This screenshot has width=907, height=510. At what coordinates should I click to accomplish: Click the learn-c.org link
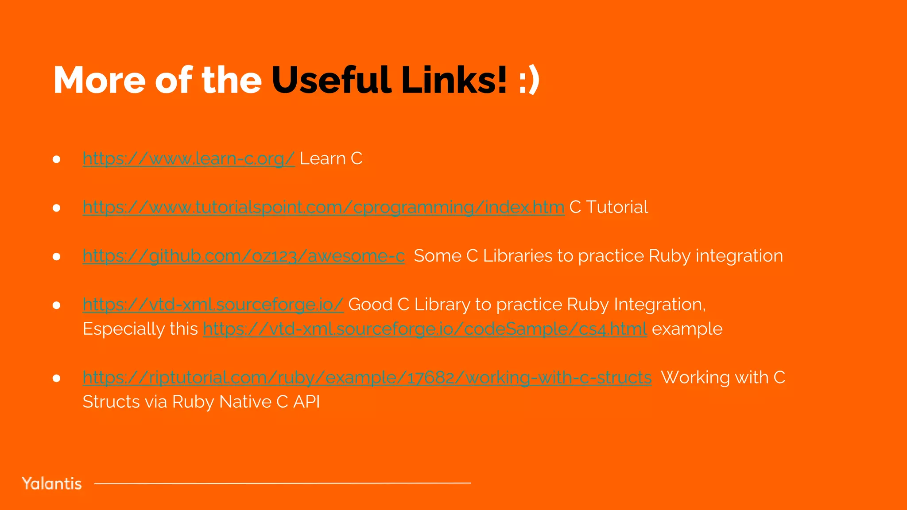click(x=189, y=158)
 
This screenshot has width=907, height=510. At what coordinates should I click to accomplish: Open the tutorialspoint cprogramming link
click(x=323, y=207)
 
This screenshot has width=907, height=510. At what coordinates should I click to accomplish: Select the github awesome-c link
click(x=244, y=256)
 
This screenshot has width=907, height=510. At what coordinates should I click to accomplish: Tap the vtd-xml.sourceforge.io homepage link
click(x=213, y=305)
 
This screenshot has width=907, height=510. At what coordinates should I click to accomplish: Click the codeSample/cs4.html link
click(x=425, y=329)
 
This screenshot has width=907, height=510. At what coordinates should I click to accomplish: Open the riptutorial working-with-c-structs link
click(x=367, y=378)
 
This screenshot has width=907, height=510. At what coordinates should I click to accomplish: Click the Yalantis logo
click(x=52, y=483)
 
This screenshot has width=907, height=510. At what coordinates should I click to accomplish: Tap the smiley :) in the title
click(x=529, y=81)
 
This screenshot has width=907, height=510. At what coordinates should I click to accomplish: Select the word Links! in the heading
click(x=454, y=80)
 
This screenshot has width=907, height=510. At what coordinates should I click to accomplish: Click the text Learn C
click(x=331, y=158)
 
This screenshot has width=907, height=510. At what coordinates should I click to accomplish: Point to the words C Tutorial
click(x=609, y=207)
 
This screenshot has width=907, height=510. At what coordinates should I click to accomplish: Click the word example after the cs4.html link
click(x=687, y=329)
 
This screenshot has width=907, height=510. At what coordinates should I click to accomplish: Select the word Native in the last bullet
click(x=245, y=402)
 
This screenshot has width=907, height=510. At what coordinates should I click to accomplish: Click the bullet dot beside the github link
click(x=56, y=256)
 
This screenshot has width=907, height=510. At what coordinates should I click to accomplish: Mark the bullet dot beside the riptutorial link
click(x=56, y=378)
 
